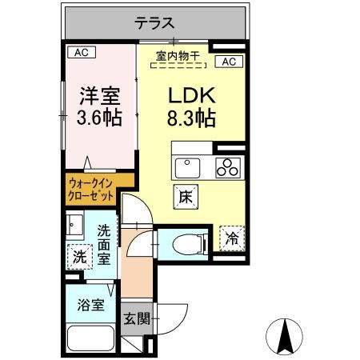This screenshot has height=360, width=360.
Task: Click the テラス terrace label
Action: point(154,23)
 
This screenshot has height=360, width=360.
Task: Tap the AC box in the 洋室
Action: point(81,53)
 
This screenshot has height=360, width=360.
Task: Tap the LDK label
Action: point(191,96)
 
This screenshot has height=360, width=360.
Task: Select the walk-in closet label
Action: point(90,189)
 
